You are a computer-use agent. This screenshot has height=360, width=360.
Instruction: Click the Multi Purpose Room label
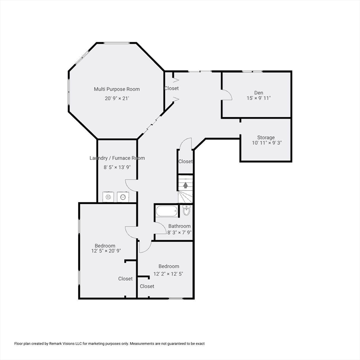point(117,89)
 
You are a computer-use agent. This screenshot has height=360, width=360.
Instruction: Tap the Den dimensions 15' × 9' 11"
point(259,98)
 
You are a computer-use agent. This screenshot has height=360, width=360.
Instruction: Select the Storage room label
point(266,137)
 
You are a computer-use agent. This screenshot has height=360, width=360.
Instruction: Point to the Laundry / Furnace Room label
point(117,158)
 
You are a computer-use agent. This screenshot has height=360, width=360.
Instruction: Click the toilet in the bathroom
point(187,210)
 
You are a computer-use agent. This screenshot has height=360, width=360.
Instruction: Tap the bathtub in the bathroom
point(167,211)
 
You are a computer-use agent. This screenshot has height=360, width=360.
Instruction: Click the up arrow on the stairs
point(186,185)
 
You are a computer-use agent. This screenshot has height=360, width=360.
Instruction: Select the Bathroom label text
point(180,226)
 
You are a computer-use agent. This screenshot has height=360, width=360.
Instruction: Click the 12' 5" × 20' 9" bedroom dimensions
point(106,251)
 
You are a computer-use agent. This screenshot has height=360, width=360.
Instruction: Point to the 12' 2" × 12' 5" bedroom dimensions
point(168,274)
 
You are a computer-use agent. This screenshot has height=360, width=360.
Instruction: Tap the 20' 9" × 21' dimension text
point(117,98)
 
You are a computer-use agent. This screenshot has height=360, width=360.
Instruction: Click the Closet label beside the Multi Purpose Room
point(172,88)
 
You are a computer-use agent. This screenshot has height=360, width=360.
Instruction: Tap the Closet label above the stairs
point(186,161)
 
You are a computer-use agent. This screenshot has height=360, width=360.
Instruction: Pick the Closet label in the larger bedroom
point(125,279)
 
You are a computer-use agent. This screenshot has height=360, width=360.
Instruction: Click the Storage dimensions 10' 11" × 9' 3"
point(267,143)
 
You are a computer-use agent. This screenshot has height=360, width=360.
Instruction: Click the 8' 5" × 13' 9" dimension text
point(117,167)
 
